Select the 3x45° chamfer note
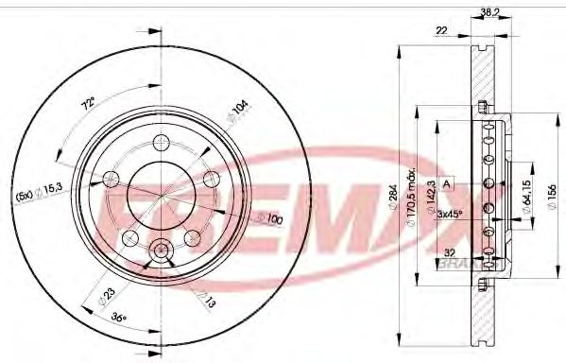tap(450, 215)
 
